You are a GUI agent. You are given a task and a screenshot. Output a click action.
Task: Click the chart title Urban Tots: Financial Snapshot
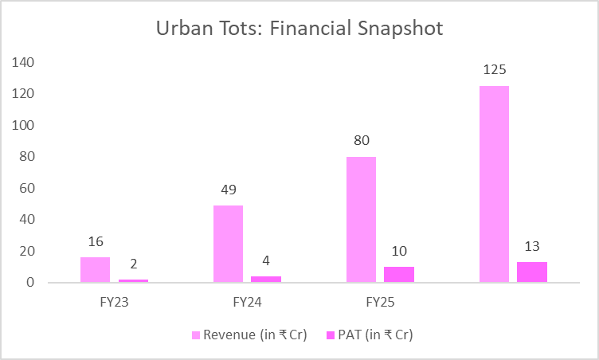point(299,29)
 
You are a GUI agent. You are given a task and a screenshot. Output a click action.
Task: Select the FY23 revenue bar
point(95,270)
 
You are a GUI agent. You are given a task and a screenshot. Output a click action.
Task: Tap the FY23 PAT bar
point(133,280)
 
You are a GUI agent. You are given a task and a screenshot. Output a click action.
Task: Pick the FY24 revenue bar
point(228,244)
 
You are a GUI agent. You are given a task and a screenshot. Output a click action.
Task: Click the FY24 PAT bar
point(266,279)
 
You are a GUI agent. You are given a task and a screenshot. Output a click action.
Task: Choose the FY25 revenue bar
point(361,220)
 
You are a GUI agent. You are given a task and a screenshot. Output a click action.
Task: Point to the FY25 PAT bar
point(399,274)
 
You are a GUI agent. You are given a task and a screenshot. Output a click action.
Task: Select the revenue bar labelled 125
point(494,184)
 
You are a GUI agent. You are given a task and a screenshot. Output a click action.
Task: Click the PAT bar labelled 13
point(532,272)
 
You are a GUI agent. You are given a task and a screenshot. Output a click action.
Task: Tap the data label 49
point(228,190)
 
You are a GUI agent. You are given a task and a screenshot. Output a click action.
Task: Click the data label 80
point(361,141)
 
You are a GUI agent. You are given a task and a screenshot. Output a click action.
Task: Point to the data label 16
point(95,241)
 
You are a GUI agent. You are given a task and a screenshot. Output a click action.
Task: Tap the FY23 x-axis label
point(114,303)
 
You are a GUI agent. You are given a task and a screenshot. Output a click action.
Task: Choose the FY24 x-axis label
point(247,303)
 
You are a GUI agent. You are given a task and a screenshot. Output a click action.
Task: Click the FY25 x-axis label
point(380,303)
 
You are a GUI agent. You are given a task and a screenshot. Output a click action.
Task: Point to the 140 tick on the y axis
point(23,62)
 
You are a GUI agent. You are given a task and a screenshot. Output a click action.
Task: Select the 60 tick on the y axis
point(26,188)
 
